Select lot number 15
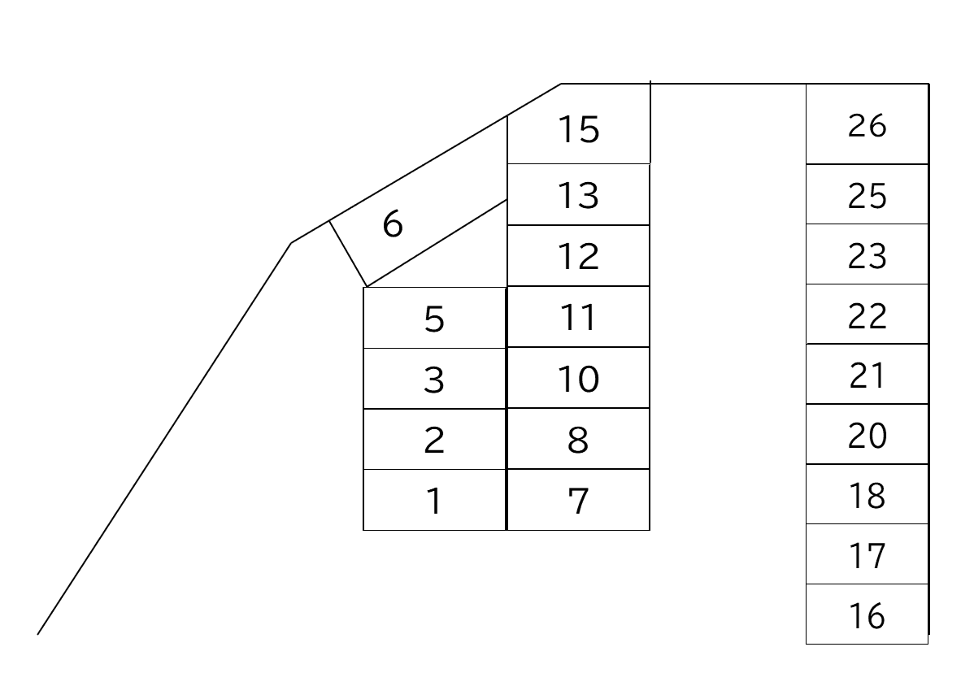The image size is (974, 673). tap(579, 130)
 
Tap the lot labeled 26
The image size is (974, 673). tap(867, 126)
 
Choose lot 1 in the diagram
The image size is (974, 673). tap(434, 501)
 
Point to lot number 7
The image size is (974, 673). tap(578, 501)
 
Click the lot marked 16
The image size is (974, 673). tap(867, 615)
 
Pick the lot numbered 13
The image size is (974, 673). tap(579, 195)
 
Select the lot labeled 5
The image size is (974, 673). tap(434, 319)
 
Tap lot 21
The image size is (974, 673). tap(867, 375)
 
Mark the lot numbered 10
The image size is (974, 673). tap(579, 379)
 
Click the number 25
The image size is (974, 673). tap(867, 196)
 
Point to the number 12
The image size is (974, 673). tap(579, 257)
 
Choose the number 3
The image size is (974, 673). tap(434, 380)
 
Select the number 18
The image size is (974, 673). tap(867, 495)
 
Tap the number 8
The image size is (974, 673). tap(578, 440)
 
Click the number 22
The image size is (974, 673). tap(867, 315)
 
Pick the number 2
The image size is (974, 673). tap(434, 440)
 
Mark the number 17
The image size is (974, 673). tap(867, 556)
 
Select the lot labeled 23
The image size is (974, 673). tap(867, 255)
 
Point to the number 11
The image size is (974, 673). tap(579, 317)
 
